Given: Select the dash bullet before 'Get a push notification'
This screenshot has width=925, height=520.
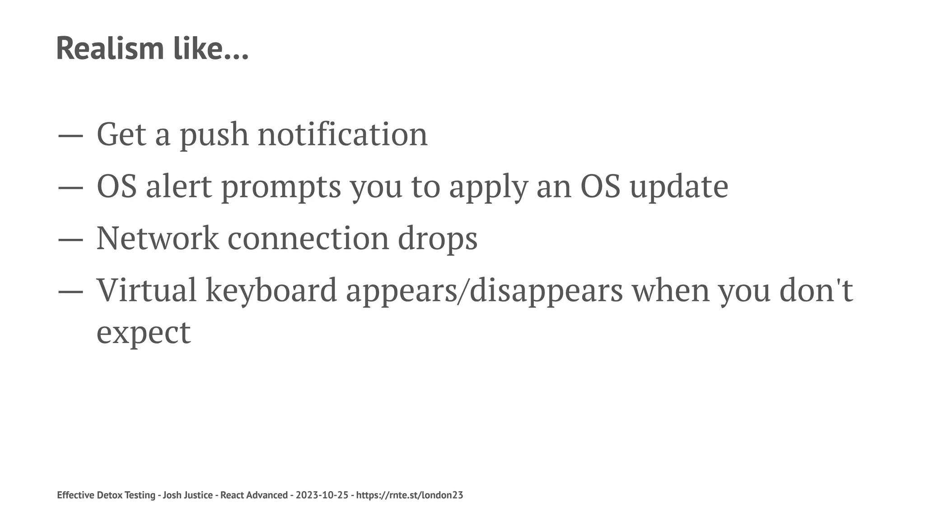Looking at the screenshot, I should (x=70, y=135).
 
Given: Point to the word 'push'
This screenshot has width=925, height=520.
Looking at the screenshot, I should (x=214, y=135).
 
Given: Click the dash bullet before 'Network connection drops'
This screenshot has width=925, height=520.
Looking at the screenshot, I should (x=70, y=239).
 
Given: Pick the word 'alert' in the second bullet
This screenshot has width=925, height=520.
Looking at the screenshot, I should (x=178, y=186).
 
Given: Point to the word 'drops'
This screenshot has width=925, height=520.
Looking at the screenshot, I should (x=437, y=239).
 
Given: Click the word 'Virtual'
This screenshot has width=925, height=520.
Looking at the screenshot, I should (x=147, y=290).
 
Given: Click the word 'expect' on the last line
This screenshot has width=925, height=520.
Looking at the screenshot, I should (x=144, y=333).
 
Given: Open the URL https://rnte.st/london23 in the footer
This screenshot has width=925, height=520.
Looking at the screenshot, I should (x=410, y=495).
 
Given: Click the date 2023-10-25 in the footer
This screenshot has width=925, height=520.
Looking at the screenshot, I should (x=322, y=495).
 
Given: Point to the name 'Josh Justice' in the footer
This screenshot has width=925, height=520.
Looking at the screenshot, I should (x=187, y=495).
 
